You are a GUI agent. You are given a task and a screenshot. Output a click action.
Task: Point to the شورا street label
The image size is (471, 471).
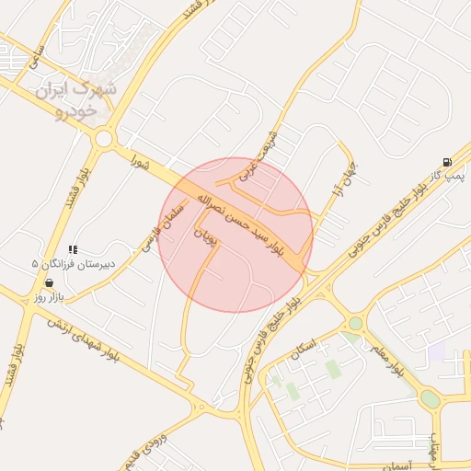tap(140, 163)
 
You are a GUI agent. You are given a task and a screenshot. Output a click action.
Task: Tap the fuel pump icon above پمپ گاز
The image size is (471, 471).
tap(447, 161)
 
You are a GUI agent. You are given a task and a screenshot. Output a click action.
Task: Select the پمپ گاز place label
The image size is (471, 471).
tap(451, 174)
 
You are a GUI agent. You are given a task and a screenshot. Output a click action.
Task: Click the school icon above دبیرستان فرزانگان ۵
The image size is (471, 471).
tap(74, 249)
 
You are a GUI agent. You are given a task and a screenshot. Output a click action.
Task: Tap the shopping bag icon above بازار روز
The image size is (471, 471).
tap(49, 282)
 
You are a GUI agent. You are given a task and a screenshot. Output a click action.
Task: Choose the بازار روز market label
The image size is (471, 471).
tap(47, 296)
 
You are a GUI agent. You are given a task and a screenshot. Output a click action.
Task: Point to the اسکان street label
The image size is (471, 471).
tap(303, 350)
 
